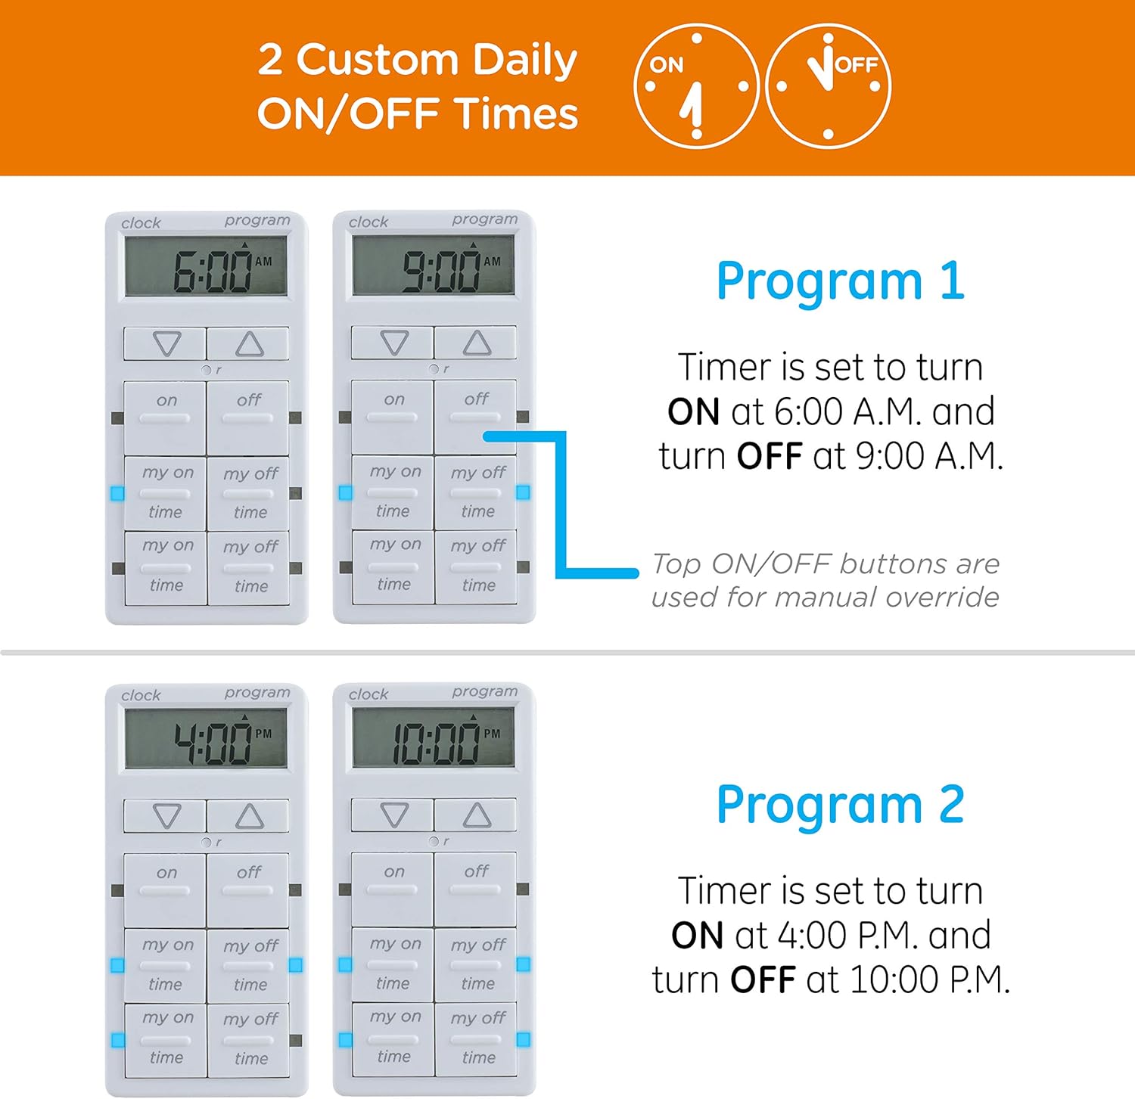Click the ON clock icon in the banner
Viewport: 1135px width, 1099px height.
pos(695,86)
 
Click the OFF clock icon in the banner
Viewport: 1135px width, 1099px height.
pos(828,86)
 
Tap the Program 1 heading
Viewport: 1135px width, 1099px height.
pos(840,281)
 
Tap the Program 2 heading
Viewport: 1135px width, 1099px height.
pos(840,804)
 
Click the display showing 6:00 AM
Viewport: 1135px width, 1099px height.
pos(206,266)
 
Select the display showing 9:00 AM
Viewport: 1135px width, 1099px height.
pos(434,265)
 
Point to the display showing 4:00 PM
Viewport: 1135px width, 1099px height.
pos(206,738)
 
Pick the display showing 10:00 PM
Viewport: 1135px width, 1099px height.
pos(434,737)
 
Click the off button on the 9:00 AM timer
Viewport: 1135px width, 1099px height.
pos(476,416)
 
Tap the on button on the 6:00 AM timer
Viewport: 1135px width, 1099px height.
pos(165,418)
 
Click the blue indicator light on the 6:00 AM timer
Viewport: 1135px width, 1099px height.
pos(117,493)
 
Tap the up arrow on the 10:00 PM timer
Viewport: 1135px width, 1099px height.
pos(476,815)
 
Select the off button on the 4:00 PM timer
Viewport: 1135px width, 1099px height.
pos(247,890)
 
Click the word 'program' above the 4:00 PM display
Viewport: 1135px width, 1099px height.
pos(257,693)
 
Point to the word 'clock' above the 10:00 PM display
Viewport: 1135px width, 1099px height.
pos(368,694)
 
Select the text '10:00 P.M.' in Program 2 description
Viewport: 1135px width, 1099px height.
pos(930,980)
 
